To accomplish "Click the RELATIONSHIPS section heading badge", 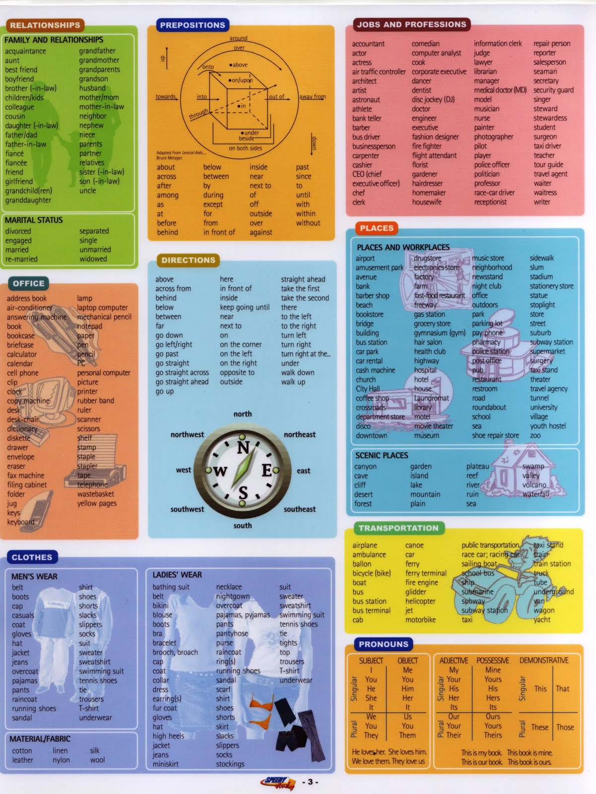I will (45, 25).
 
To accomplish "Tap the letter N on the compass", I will (243, 448).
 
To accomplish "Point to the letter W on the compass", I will (220, 471).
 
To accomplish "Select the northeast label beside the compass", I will (299, 434).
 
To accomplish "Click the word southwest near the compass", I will (187, 509).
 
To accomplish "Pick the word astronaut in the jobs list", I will (366, 99).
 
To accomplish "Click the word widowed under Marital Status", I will (93, 259).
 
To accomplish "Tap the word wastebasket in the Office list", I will (95, 494).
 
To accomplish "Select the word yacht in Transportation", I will (542, 619).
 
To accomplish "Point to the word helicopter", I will (420, 601).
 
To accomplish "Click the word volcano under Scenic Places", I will (534, 485).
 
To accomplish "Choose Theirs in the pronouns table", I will (493, 735).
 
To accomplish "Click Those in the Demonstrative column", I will (565, 727).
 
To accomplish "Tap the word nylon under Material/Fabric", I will (61, 760).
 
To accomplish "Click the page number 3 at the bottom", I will (310, 782).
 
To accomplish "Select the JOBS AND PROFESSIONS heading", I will (411, 24).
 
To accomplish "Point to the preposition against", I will (261, 232).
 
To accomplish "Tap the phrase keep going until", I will (245, 307).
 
